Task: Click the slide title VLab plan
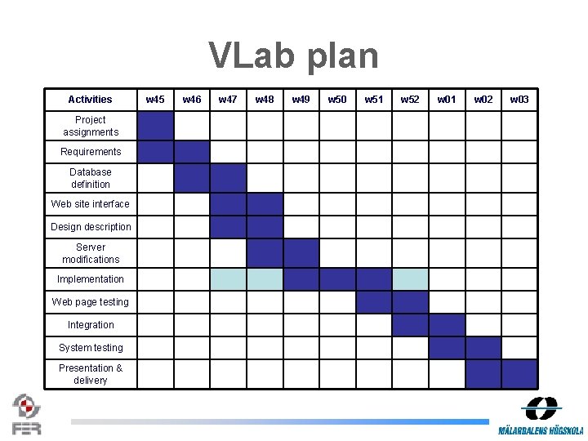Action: click(x=294, y=56)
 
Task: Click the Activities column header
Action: click(x=90, y=100)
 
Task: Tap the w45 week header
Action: click(x=155, y=100)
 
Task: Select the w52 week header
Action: click(x=410, y=100)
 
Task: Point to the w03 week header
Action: click(x=519, y=100)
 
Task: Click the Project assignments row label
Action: click(x=91, y=126)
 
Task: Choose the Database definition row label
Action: click(x=91, y=178)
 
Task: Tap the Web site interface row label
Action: click(x=91, y=204)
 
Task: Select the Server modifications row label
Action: click(x=91, y=253)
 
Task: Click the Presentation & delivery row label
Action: click(x=91, y=374)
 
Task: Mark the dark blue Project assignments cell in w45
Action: click(x=155, y=126)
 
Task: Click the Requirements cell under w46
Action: click(x=192, y=152)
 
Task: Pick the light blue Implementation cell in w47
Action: click(x=228, y=279)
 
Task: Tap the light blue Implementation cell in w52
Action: click(x=410, y=279)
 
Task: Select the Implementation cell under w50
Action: click(x=337, y=279)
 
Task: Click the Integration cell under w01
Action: click(x=447, y=325)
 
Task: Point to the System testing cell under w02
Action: click(x=483, y=348)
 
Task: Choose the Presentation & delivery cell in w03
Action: click(x=519, y=374)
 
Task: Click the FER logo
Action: click(x=27, y=414)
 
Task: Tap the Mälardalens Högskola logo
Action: click(x=541, y=416)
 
